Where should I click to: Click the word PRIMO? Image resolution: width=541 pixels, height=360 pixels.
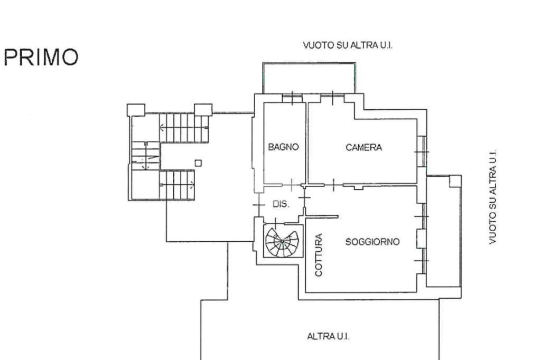(41, 56)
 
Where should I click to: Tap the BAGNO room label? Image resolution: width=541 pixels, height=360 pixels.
(284, 147)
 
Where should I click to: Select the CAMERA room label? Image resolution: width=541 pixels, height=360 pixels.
(363, 147)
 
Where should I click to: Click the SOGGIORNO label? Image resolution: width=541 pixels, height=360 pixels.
(372, 242)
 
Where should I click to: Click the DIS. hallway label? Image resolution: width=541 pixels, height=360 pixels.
(281, 204)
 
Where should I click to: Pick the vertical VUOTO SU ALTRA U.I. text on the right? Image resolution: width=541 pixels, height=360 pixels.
(493, 196)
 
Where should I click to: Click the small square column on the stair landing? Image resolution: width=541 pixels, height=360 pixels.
(198, 163)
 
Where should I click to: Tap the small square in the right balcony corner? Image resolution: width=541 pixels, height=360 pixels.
(454, 181)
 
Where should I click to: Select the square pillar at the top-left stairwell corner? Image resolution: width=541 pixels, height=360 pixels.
(136, 110)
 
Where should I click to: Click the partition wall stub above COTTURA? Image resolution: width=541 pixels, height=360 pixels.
(322, 216)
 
